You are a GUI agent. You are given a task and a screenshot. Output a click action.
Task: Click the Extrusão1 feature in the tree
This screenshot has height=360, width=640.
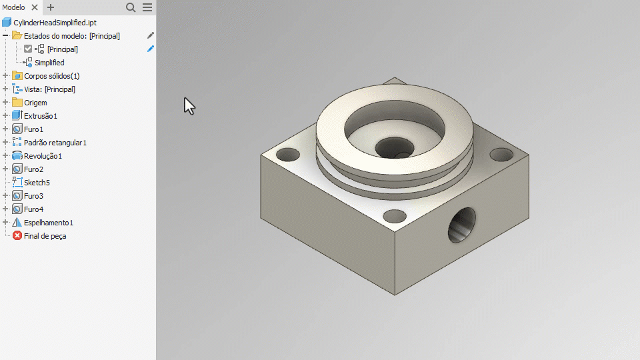41,116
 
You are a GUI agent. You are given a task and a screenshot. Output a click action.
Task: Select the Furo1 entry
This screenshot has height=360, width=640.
33,129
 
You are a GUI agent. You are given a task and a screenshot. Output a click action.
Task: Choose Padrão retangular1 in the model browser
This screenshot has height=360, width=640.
55,143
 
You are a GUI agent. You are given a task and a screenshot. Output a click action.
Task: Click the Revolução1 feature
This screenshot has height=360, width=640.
43,156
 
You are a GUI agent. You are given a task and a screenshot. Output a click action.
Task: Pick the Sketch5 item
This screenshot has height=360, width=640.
37,183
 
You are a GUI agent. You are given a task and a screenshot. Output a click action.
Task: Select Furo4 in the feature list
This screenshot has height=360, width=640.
33,209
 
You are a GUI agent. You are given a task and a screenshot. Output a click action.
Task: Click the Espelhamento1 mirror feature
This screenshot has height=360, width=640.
48,223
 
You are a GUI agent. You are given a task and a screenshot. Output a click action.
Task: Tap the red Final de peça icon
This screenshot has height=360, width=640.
17,236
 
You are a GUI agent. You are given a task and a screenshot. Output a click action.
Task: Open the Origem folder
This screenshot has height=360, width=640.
35,103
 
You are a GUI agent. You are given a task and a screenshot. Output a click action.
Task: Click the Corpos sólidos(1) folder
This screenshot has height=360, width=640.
51,76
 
